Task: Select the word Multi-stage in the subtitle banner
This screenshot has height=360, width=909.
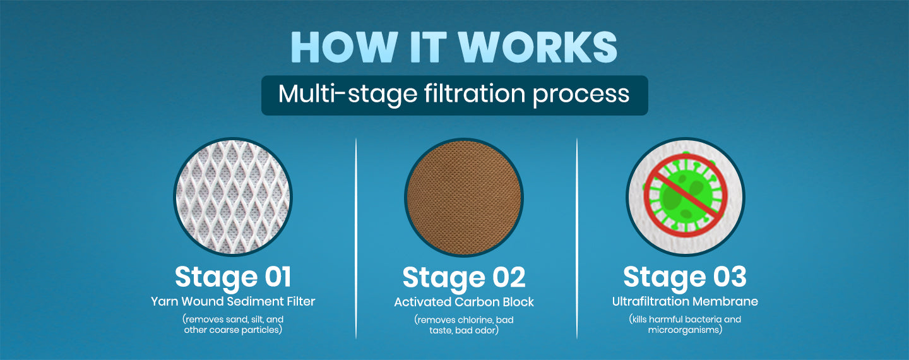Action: click(x=348, y=95)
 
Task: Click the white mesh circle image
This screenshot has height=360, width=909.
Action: click(x=233, y=197)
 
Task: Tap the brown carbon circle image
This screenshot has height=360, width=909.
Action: click(x=464, y=198)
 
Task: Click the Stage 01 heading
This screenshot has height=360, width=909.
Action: click(x=233, y=278)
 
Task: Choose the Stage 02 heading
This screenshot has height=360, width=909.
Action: click(x=464, y=278)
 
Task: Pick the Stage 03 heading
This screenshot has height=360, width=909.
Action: click(x=685, y=277)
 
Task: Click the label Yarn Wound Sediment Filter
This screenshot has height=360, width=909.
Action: click(x=233, y=301)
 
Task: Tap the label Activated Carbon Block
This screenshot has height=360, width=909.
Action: click(x=464, y=302)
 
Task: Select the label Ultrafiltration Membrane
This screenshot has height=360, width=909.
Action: click(x=685, y=301)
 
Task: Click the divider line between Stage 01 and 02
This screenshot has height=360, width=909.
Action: click(x=356, y=239)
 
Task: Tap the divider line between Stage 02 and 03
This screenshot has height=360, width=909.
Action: click(x=577, y=239)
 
